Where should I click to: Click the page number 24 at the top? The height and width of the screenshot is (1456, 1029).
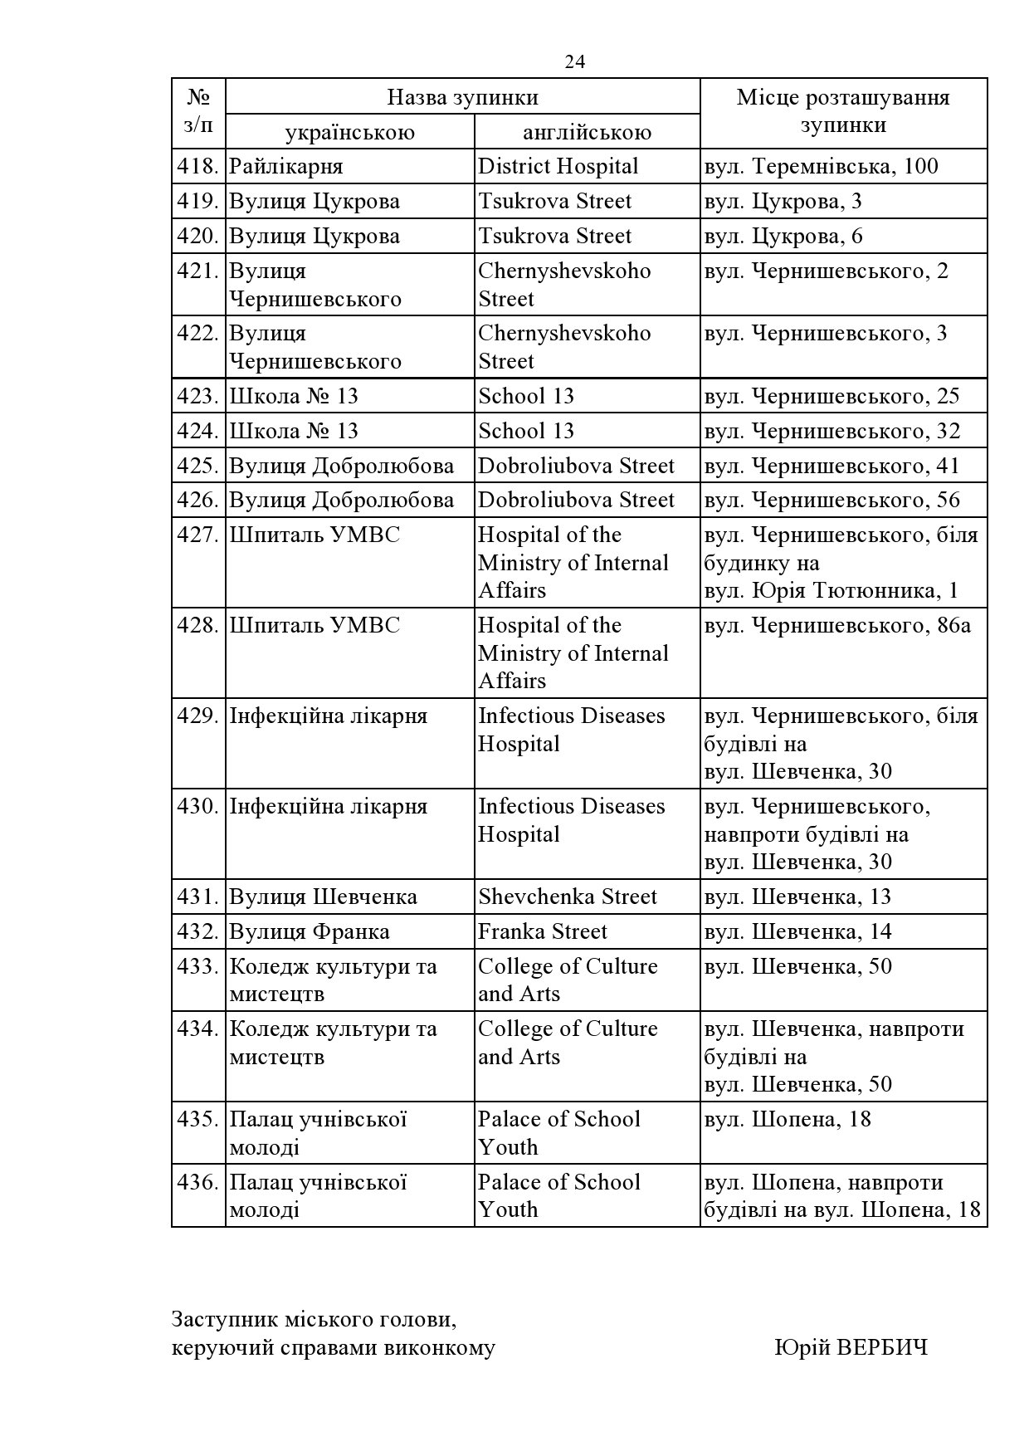tap(574, 62)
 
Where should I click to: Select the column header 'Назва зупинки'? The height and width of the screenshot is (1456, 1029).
tap(462, 97)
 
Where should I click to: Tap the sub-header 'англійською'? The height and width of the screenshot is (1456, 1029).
tap(587, 132)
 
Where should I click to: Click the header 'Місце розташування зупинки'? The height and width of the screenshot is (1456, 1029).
tap(843, 111)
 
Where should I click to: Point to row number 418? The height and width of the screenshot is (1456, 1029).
tap(198, 166)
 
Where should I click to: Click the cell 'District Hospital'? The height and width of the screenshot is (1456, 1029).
tap(558, 166)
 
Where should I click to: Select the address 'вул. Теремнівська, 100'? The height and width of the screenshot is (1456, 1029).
tap(821, 166)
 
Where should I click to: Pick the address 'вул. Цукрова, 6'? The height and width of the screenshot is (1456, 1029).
tap(783, 236)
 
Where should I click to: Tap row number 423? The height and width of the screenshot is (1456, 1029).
tap(198, 396)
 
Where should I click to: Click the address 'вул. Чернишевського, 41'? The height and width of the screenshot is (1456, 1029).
tap(831, 466)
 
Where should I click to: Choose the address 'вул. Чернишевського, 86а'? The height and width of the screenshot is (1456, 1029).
tap(836, 625)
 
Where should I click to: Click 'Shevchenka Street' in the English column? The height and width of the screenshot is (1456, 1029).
tap(567, 897)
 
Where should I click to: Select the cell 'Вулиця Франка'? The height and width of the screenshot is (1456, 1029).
tap(309, 931)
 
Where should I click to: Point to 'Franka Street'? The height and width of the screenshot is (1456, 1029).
tap(542, 931)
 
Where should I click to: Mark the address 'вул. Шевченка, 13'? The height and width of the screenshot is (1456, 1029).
tap(797, 897)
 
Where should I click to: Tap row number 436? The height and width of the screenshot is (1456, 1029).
tap(198, 1182)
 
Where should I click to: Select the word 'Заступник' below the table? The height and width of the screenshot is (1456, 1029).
tap(222, 1318)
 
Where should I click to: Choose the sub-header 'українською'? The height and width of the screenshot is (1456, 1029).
tap(349, 132)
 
